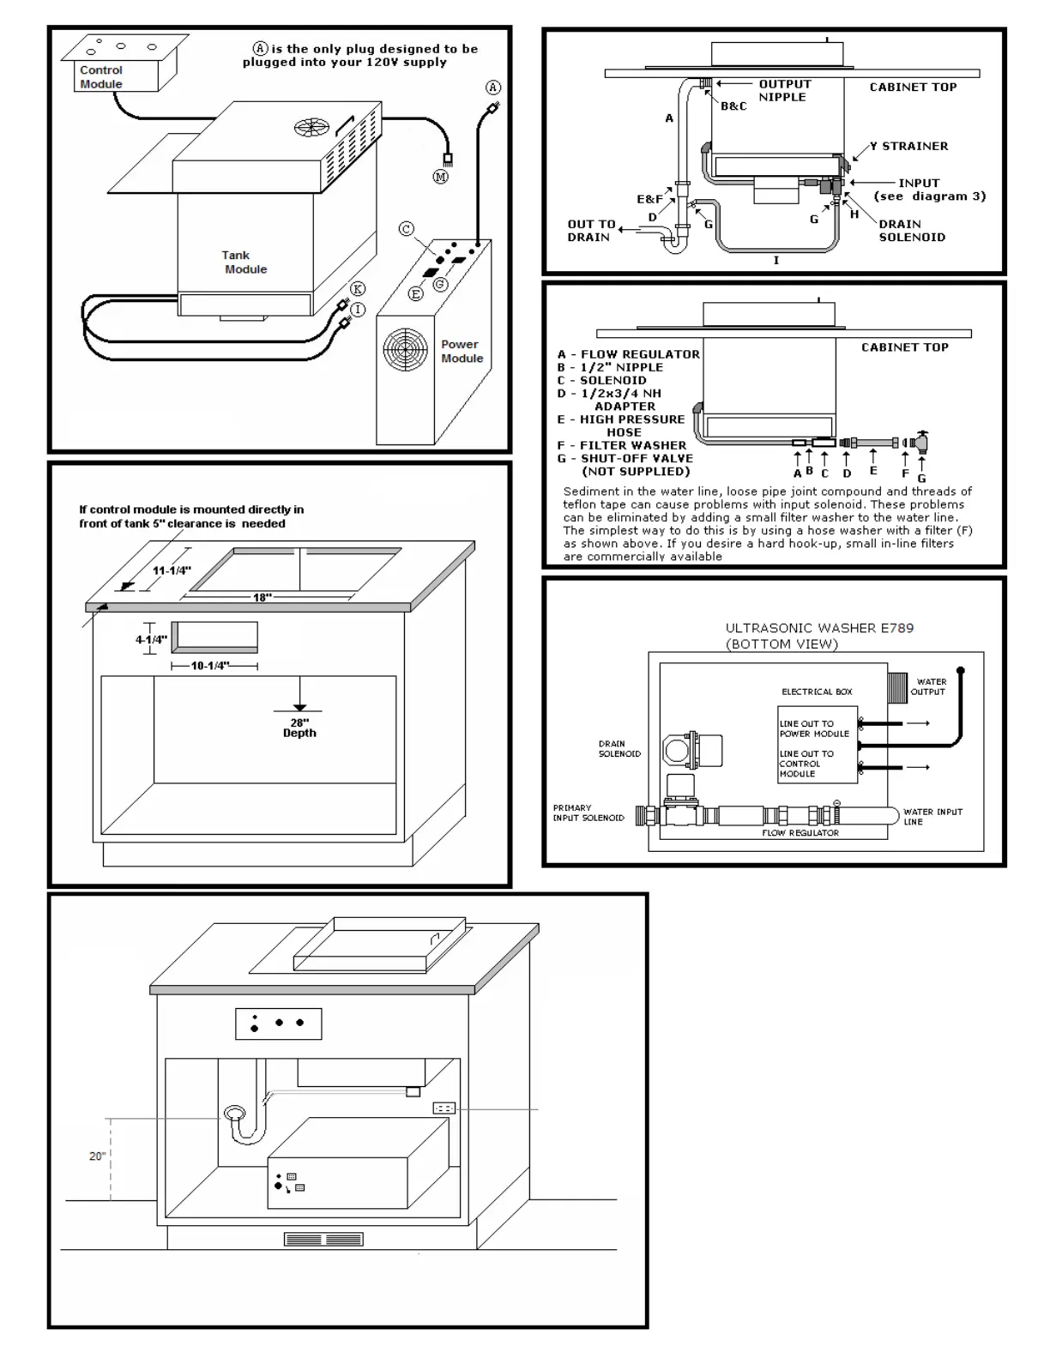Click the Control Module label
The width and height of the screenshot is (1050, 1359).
(101, 77)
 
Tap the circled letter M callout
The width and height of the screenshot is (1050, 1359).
(440, 177)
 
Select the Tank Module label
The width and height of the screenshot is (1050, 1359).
(244, 262)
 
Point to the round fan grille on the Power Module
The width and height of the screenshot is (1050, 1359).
(405, 351)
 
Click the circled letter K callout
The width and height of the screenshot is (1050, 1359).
(358, 289)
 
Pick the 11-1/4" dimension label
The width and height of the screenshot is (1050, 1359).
(172, 571)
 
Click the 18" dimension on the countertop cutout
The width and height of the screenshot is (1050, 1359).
(262, 597)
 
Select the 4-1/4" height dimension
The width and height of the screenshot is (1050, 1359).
(151, 639)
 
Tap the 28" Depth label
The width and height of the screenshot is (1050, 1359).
(299, 728)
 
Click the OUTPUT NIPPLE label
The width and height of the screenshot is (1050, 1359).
(784, 90)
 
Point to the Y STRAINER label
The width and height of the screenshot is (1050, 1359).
(908, 146)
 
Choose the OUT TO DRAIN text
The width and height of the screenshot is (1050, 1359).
(591, 230)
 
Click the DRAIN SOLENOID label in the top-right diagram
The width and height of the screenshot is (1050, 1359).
(911, 230)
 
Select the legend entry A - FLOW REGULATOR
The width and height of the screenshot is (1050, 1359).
(628, 353)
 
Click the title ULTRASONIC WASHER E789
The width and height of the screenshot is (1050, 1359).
(819, 628)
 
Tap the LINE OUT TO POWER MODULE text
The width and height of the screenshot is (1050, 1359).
(814, 728)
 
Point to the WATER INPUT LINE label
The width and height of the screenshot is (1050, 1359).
(932, 816)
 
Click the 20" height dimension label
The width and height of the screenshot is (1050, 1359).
(98, 1157)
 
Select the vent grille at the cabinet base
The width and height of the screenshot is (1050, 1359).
(323, 1240)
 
